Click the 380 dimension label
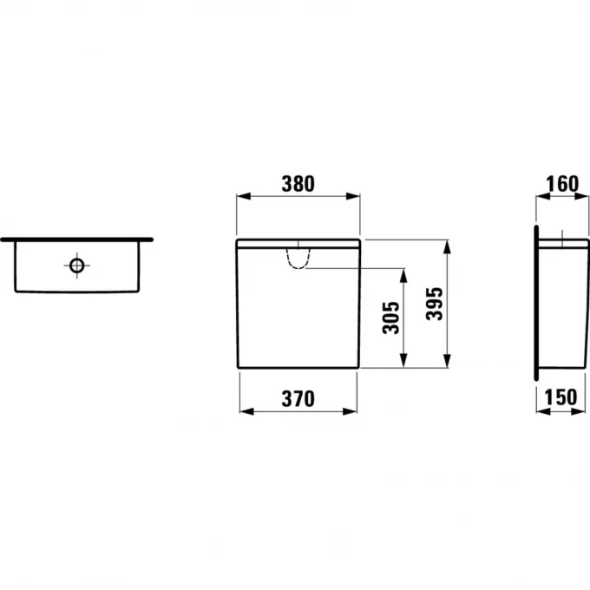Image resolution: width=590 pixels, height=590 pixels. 298,184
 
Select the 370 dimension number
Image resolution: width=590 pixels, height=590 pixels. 298,399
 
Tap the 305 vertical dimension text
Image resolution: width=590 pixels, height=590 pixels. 391,318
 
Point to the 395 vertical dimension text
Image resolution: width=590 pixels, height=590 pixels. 435,304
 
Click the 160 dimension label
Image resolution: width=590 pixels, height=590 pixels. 562,184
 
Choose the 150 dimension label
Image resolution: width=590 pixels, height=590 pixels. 560,397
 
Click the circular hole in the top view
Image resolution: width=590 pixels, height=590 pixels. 76,265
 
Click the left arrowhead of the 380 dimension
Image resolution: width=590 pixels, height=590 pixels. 244,196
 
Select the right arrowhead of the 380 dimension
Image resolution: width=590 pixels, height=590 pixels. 353,196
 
